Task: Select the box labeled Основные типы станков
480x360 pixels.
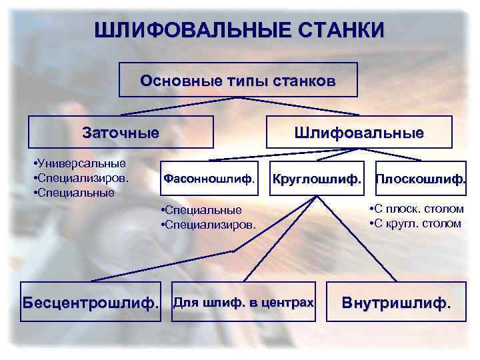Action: pyautogui.click(x=238, y=81)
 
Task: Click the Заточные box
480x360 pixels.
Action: pyautogui.click(x=121, y=132)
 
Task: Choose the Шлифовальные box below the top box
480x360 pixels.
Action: pyautogui.click(x=359, y=132)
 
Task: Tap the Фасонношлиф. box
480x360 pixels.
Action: pyautogui.click(x=209, y=179)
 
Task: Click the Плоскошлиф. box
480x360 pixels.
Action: pyautogui.click(x=420, y=179)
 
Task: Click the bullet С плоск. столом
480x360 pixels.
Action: pyautogui.click(x=416, y=209)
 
